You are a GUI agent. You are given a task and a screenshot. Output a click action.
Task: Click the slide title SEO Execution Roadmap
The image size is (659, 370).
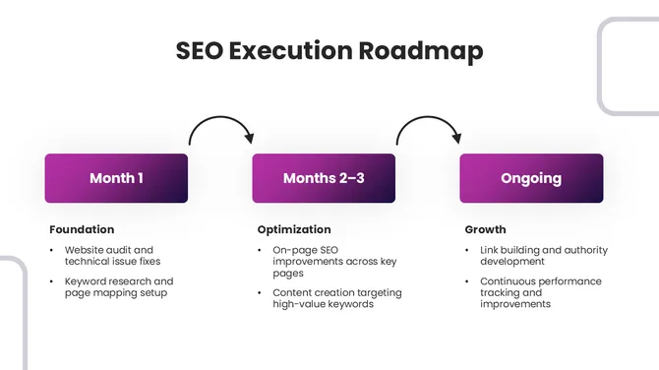[329, 51]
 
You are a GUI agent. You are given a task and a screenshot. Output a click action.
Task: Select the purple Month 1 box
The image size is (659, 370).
[116, 178]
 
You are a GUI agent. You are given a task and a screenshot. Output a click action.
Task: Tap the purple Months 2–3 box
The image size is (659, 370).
[324, 178]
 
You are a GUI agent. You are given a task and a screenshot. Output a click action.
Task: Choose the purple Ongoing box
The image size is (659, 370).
[531, 178]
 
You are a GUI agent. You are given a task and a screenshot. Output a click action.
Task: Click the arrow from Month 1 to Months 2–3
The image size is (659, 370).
[221, 126]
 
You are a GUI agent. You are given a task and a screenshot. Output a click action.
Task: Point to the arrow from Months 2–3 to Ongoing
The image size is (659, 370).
[429, 126]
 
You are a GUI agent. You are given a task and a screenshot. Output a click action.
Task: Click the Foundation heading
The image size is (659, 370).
[82, 229]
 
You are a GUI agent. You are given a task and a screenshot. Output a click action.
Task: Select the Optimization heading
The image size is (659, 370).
[294, 229]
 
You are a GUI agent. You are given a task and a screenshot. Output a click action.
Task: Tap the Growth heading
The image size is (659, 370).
[486, 229]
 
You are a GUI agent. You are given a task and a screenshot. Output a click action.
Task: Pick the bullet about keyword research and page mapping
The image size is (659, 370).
[118, 286]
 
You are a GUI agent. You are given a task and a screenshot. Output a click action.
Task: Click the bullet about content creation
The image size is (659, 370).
[336, 298]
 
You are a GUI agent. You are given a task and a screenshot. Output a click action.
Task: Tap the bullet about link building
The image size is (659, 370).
[543, 256]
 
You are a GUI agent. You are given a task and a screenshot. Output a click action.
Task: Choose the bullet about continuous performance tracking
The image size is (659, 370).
[540, 292]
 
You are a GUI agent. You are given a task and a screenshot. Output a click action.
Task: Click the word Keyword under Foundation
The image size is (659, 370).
[86, 280]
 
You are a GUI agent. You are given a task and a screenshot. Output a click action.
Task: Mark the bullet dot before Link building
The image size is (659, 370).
[469, 250]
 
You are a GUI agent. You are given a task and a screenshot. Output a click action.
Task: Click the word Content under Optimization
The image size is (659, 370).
[294, 292]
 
